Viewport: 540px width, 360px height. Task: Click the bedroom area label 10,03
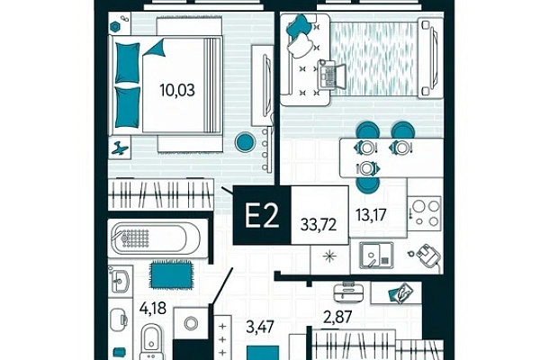[177, 90]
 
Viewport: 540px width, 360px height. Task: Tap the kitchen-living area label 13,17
[371, 215]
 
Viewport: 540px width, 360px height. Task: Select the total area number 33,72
[319, 225]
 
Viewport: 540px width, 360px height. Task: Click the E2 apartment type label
[261, 215]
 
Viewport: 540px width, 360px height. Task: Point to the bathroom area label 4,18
[153, 307]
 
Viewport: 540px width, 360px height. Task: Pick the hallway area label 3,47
[260, 327]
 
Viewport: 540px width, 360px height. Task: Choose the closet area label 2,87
[337, 317]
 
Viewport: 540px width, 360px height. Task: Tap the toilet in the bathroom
[151, 340]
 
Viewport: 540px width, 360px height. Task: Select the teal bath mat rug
[171, 275]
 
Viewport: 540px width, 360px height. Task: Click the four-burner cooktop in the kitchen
[425, 213]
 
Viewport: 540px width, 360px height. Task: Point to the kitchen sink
[376, 256]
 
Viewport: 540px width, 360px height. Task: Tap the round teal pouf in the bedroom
[245, 141]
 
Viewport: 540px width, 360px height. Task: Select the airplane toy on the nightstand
[120, 148]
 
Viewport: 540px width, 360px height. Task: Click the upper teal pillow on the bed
[127, 63]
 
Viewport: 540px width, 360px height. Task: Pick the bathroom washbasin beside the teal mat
[121, 280]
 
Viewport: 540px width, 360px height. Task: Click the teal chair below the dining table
[368, 184]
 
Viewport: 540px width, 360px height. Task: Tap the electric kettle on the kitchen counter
[427, 256]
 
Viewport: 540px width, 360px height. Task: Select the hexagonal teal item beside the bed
[114, 26]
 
